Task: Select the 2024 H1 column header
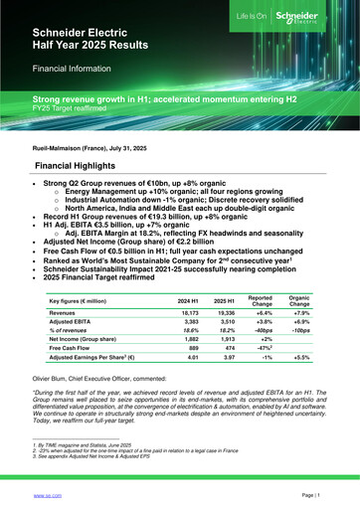tap(187, 272)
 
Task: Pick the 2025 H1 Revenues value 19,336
tap(224, 284)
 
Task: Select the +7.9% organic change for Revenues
tap(298, 284)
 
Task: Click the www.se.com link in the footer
tap(48, 493)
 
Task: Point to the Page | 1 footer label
tap(318, 493)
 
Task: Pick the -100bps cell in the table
tap(298, 308)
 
